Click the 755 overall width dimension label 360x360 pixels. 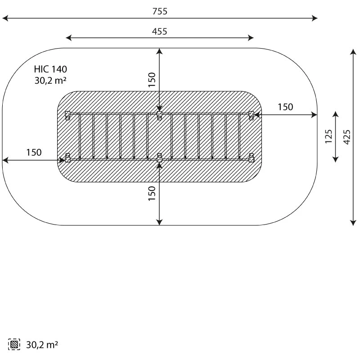[x=160, y=11]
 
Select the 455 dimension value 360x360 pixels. [x=160, y=31]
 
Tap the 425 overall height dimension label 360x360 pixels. [x=347, y=137]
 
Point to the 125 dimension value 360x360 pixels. [x=328, y=137]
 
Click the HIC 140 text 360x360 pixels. [x=50, y=69]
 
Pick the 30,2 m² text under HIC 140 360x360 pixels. [x=50, y=81]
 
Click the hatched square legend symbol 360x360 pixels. [x=14, y=344]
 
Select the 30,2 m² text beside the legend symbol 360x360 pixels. [x=42, y=345]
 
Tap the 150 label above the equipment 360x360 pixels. [x=152, y=80]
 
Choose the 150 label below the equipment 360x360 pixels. [x=152, y=193]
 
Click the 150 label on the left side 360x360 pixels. [x=34, y=153]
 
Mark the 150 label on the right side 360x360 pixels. [x=285, y=107]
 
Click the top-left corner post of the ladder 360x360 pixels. [x=67, y=116]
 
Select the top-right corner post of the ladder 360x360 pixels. [x=252, y=116]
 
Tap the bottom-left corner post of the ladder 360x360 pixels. [x=67, y=158]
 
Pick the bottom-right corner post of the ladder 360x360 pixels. [x=252, y=158]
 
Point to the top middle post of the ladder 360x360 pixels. [x=159, y=116]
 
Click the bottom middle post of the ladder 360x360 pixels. [x=159, y=158]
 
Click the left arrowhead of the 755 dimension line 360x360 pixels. [x=5, y=18]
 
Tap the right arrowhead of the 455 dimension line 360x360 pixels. [x=251, y=38]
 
